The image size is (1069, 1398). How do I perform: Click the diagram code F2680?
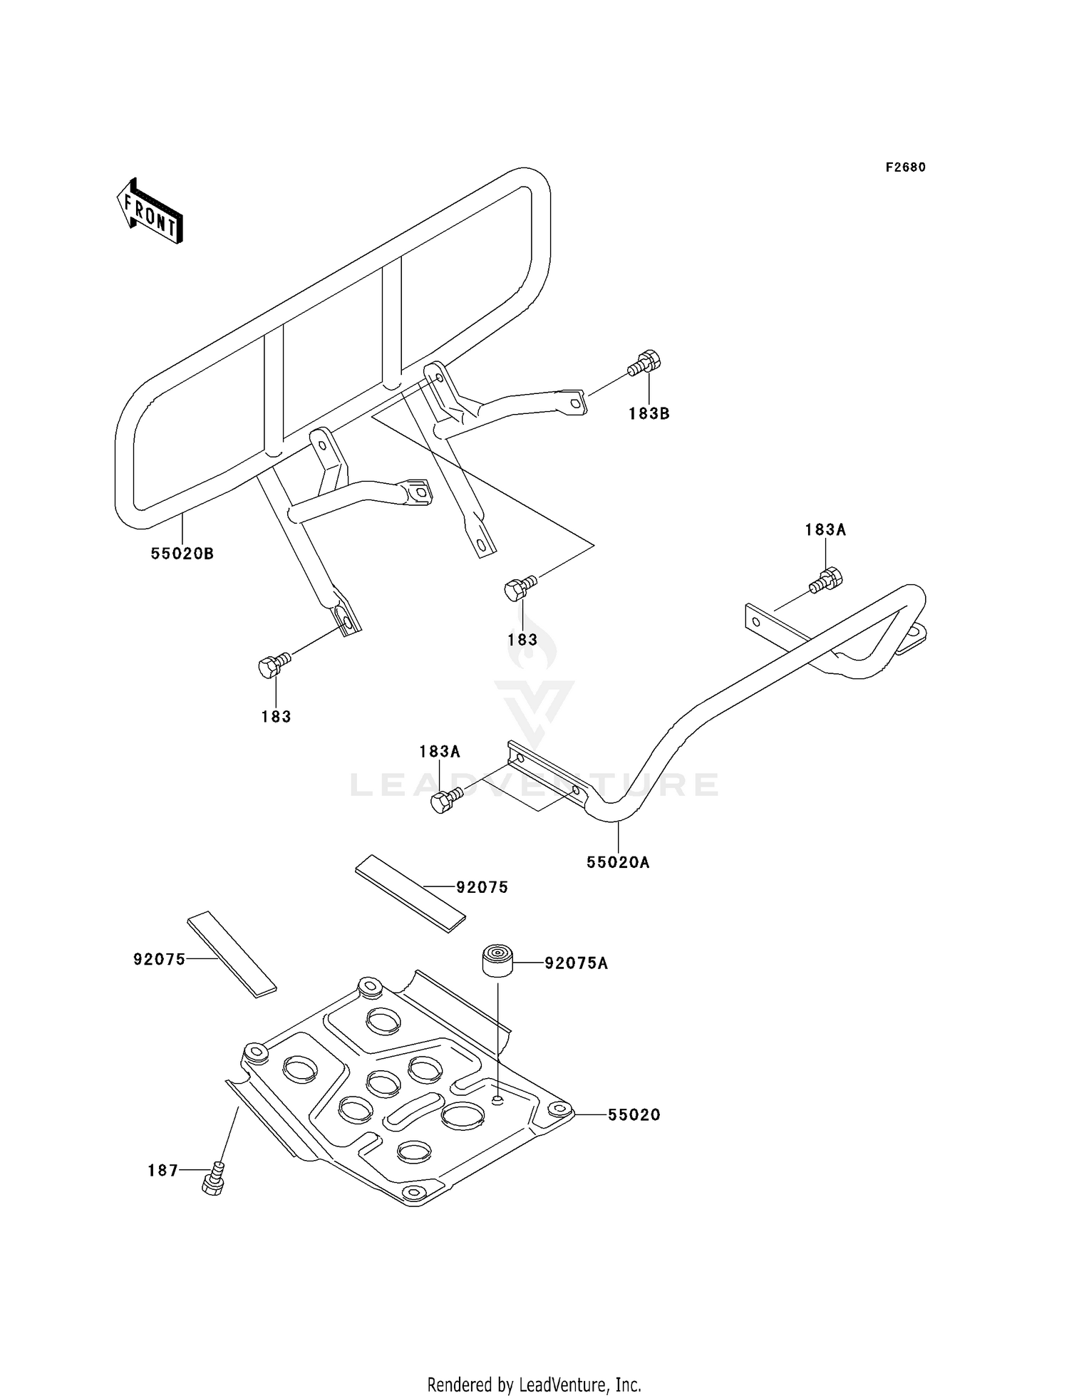(906, 167)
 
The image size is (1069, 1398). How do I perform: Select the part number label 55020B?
(182, 554)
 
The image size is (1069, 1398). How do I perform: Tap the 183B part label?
(649, 413)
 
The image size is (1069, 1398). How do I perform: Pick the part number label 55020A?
(619, 862)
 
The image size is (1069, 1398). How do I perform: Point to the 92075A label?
(577, 963)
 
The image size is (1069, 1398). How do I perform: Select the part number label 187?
(163, 1170)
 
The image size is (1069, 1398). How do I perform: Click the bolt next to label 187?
(215, 1176)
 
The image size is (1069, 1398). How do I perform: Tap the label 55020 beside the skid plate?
(634, 1114)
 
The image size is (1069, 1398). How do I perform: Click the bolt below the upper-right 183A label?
(826, 580)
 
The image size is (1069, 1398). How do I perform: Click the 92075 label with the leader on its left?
(482, 887)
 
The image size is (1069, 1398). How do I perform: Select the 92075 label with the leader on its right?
(160, 959)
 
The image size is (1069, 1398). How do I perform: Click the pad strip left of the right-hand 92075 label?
(410, 894)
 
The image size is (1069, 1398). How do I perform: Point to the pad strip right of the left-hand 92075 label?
(232, 954)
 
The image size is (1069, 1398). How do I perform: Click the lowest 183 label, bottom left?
(277, 717)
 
